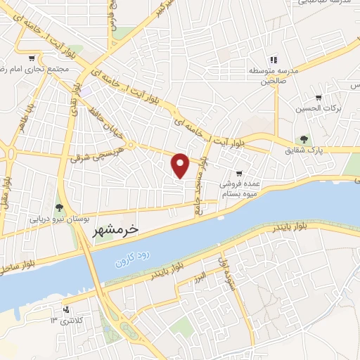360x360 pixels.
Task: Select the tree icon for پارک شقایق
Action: coord(304,139)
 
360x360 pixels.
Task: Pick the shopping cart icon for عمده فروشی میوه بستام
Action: coord(239,173)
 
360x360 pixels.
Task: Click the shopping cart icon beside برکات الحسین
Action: coord(319,97)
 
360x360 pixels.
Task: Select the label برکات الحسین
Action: coord(317,108)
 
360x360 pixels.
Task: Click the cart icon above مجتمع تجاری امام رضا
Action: coord(32,57)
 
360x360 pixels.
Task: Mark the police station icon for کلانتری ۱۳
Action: coord(66,309)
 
